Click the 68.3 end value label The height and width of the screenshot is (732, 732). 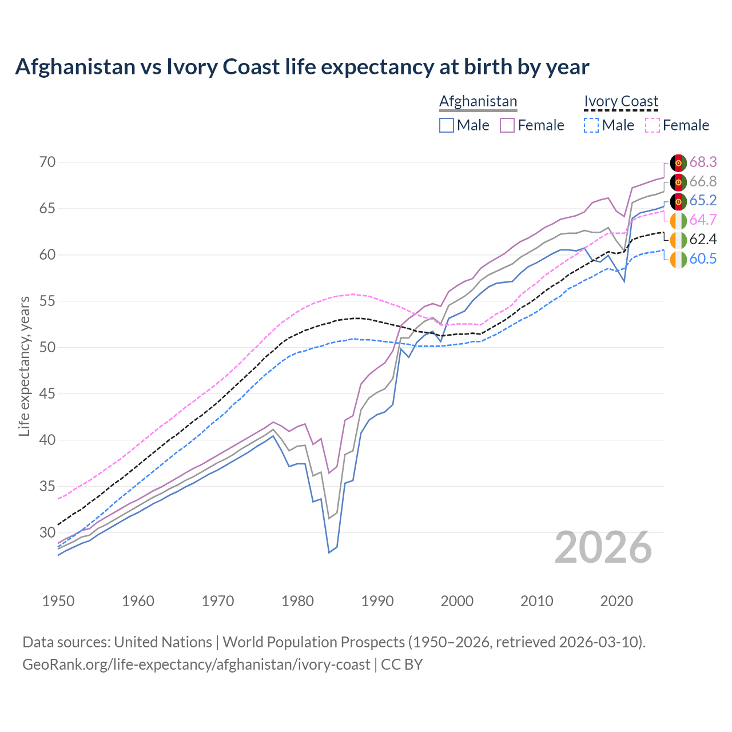pos(703,162)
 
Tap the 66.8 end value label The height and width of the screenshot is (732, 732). pos(703,182)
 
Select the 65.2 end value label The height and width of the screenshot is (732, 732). pos(703,201)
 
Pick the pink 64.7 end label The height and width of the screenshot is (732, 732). pos(703,220)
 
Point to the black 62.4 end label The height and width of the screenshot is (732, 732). pos(703,240)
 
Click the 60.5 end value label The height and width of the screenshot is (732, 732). pos(703,259)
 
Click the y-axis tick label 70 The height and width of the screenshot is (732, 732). pos(47,162)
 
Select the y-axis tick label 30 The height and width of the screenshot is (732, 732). pos(47,532)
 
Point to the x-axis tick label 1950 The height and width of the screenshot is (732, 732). pos(58,601)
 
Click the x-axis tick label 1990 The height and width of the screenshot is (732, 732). pos(377,601)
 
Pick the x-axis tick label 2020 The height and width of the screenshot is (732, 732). pos(616,601)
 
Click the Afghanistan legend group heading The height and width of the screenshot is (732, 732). pos(478,102)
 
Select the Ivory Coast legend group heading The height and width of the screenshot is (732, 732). pos(621,102)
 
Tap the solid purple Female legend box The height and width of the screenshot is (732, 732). pos(507,125)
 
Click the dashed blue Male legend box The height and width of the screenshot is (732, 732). pos(591,125)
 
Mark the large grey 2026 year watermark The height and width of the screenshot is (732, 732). pos(603,548)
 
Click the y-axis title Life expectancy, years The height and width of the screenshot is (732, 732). pos(25,366)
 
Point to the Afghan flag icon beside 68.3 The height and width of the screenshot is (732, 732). pos(678,162)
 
